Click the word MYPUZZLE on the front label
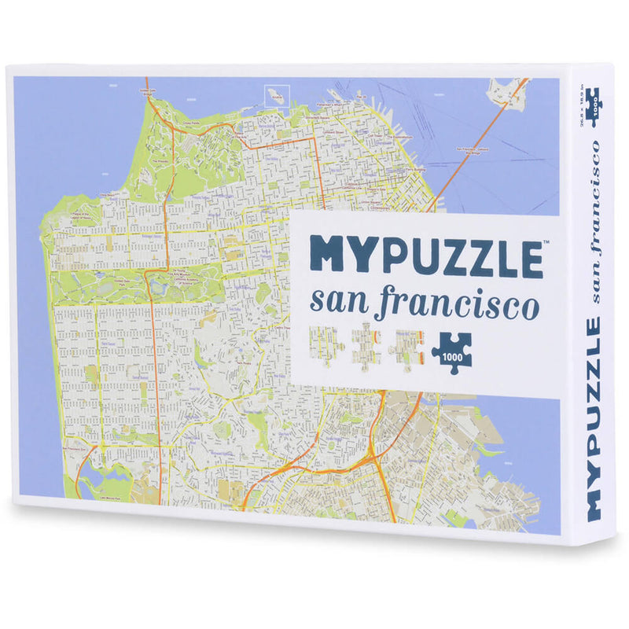[x=425, y=254]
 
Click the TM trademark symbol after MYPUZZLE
[x=546, y=242]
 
